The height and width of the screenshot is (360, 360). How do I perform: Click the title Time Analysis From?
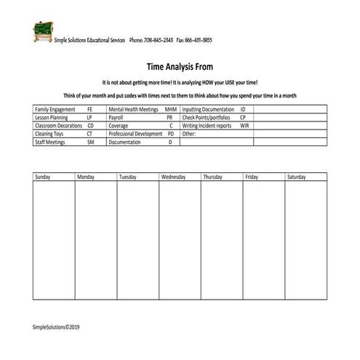[179, 66]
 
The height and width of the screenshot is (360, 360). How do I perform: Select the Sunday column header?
[43, 177]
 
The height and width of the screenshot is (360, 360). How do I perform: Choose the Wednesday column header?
[174, 177]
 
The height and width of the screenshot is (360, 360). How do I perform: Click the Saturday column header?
[296, 177]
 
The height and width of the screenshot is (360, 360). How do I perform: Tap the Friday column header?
[252, 177]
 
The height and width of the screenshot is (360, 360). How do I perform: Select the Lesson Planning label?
[52, 117]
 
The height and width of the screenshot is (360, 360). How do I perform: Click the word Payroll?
[116, 117]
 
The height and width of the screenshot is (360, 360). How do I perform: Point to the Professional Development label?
[135, 134]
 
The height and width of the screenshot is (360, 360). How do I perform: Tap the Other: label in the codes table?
[189, 134]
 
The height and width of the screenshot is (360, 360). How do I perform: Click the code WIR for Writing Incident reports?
[245, 125]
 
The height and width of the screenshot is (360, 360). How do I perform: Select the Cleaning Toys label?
[49, 134]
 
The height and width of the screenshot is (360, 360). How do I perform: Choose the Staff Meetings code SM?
[91, 143]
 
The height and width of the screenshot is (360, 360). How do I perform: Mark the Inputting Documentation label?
[209, 109]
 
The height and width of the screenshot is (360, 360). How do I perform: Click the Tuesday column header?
[128, 177]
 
